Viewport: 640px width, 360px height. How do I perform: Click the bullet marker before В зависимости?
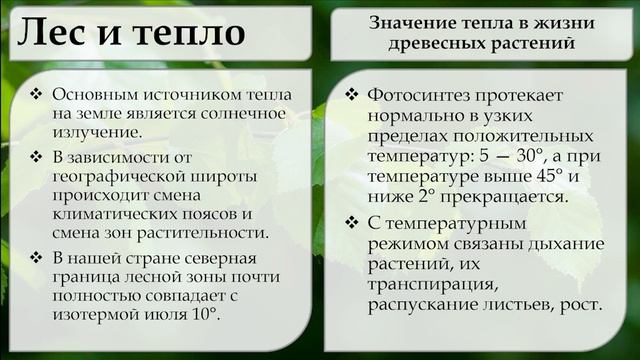pyautogui.click(x=36, y=157)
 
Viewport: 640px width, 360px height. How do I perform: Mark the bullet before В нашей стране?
pyautogui.click(x=36, y=258)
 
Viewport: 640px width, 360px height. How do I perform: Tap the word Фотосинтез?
pyautogui.click(x=424, y=96)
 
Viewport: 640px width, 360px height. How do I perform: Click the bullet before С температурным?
pyautogui.click(x=351, y=222)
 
